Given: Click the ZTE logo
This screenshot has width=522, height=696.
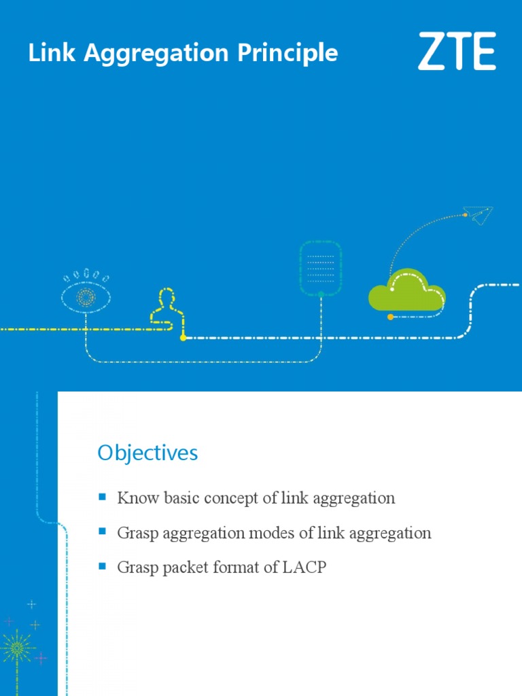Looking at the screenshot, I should click(456, 52).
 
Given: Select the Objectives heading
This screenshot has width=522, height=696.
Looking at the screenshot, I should click(147, 453).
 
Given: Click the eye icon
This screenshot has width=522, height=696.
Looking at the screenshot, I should click(86, 296).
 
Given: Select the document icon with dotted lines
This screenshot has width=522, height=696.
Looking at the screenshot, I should click(321, 268).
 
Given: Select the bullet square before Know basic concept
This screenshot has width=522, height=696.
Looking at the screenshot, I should click(103, 497).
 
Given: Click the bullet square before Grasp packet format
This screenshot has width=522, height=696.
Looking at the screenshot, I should click(103, 566).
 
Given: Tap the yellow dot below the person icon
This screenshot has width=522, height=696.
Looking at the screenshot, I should click(183, 337).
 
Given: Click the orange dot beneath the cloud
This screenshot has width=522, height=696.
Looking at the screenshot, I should click(389, 317).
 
